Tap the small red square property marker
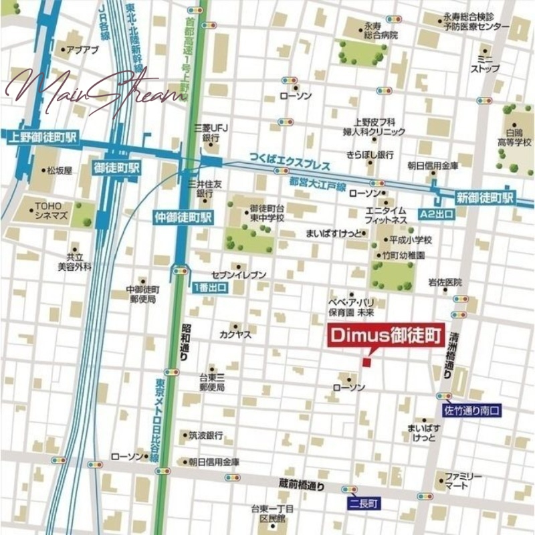tap(366, 362)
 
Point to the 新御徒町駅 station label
tap(486, 198)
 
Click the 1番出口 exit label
tap(210, 288)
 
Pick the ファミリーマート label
tap(463, 480)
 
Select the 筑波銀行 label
tap(205, 435)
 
